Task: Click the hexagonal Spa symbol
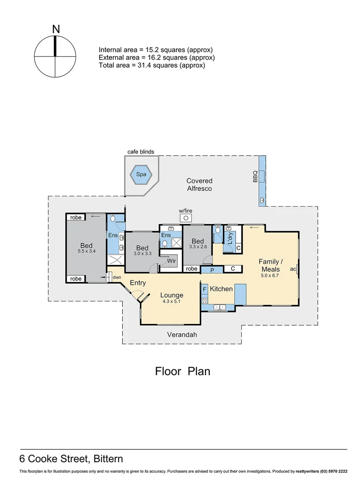(140, 175)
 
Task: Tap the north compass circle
(56, 56)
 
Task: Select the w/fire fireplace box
(186, 218)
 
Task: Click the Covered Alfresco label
(199, 184)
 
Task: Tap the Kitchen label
(221, 289)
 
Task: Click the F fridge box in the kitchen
(204, 289)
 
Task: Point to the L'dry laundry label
(230, 239)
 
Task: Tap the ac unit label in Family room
(292, 269)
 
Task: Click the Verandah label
(182, 335)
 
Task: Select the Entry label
(137, 283)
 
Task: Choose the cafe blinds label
(140, 152)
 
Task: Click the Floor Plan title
(182, 371)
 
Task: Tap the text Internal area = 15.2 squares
(156, 50)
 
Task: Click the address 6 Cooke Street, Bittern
(71, 459)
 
